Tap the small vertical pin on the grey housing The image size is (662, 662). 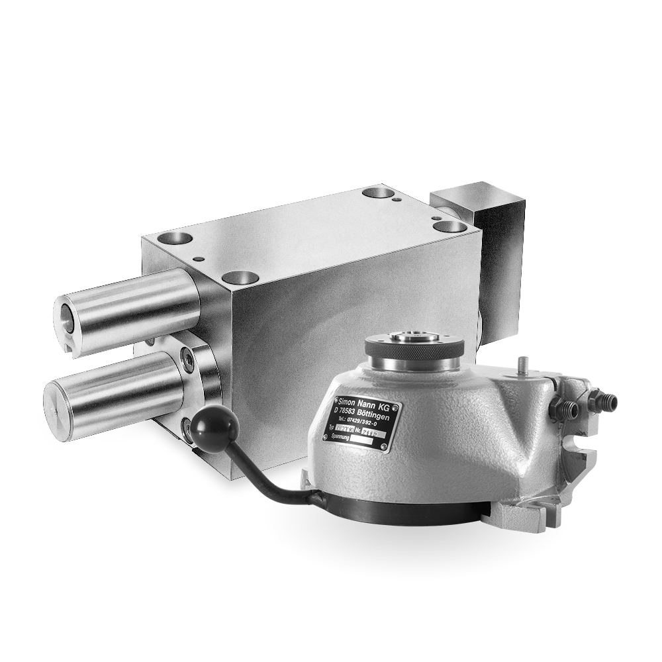coord(523,366)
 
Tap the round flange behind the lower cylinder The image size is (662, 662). coord(199,371)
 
